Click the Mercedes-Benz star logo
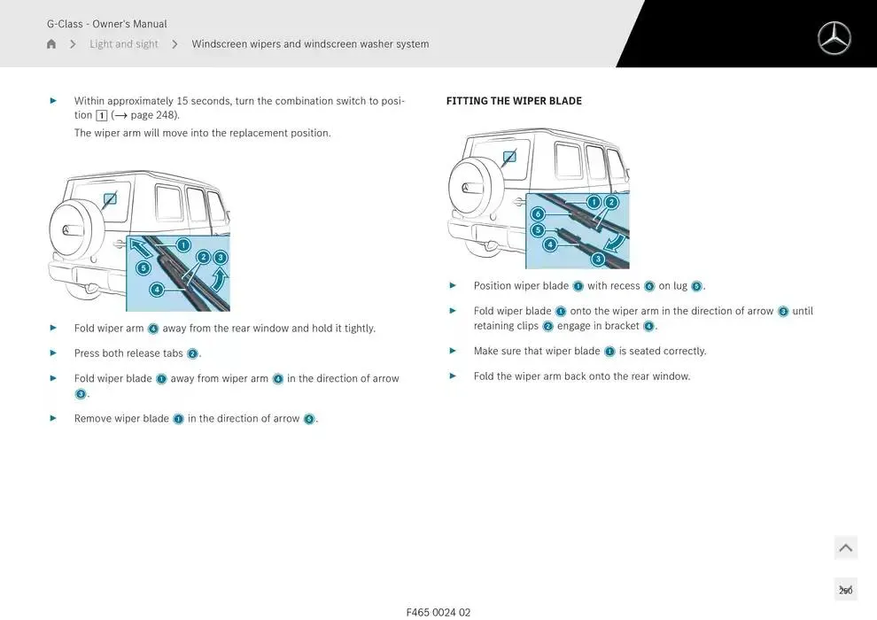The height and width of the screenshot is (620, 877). (x=834, y=38)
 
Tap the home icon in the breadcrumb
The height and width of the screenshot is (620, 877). (x=51, y=44)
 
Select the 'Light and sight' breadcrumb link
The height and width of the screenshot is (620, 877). (x=124, y=44)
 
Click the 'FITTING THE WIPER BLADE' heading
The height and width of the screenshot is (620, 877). (x=514, y=101)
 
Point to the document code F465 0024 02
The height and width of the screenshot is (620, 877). (x=438, y=612)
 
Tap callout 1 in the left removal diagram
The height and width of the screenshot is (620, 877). (x=183, y=244)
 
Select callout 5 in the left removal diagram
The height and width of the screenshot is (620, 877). (x=144, y=267)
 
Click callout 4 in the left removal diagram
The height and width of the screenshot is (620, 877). (x=157, y=289)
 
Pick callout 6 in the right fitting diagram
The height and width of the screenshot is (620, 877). (x=538, y=214)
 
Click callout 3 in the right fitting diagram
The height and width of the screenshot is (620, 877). (x=598, y=259)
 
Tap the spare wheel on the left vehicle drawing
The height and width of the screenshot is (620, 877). (x=71, y=229)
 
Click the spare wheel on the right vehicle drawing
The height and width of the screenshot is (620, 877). (x=470, y=188)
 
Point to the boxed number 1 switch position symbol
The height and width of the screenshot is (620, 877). (x=101, y=115)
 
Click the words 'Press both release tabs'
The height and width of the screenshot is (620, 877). (x=128, y=353)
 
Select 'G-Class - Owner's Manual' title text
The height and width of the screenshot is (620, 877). (x=106, y=24)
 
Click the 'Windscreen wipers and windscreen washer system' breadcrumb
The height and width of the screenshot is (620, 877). (x=310, y=44)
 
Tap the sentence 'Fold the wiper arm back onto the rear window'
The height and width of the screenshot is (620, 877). (x=581, y=376)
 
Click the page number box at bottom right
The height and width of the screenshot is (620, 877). (x=845, y=590)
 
